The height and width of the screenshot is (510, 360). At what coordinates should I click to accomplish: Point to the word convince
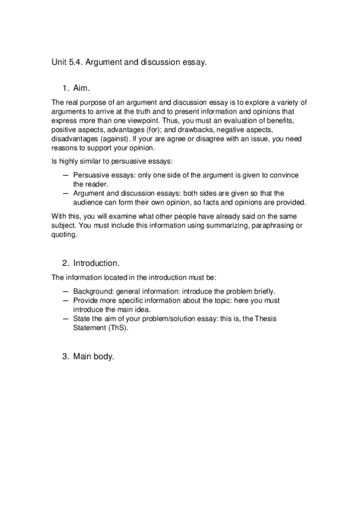[283, 175]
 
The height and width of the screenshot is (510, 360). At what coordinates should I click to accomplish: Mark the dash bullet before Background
[66, 290]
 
